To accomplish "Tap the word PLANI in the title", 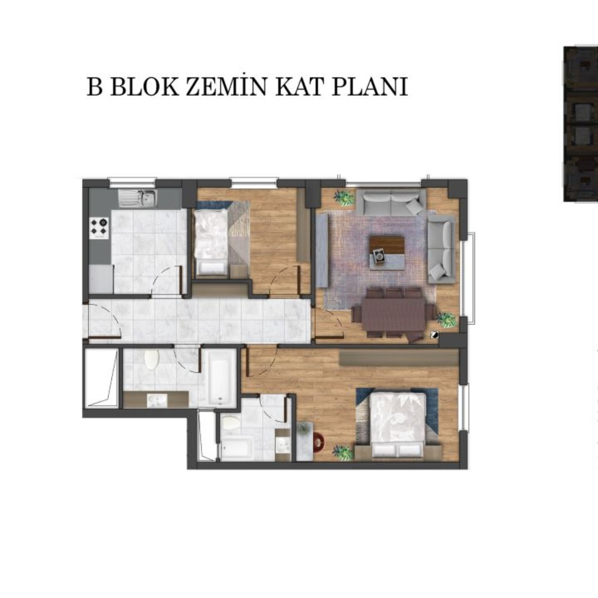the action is tap(370, 86).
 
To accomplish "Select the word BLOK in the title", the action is tap(145, 87).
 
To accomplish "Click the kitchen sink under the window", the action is tap(138, 198).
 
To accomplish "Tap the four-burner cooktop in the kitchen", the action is tap(99, 228).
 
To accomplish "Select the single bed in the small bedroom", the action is tap(211, 242).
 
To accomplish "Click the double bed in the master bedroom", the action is tap(398, 425).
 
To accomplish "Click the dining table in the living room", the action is tap(394, 315).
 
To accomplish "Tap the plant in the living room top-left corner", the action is tap(344, 198).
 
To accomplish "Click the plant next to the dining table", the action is tap(446, 319).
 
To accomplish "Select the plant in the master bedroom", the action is tap(343, 453).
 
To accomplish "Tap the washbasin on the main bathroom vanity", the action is tap(157, 400).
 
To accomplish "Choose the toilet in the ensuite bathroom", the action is tap(231, 424).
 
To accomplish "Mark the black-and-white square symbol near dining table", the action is tap(434, 335).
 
